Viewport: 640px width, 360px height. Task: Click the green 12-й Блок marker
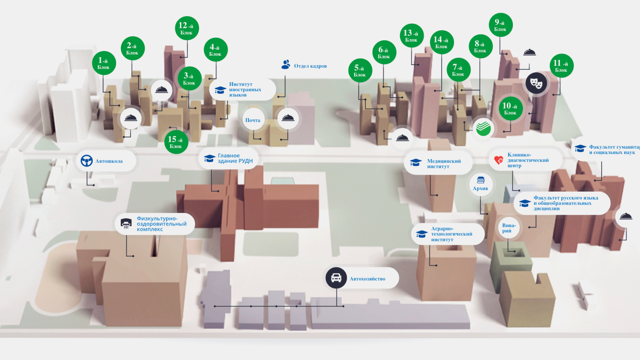point(187,28)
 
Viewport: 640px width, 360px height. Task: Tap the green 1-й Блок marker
point(104,63)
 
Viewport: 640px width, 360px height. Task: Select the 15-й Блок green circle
point(176,142)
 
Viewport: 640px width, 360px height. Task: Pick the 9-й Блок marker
point(500,25)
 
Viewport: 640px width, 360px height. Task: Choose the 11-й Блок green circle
point(561,66)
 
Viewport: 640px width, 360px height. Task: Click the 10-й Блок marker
point(510,108)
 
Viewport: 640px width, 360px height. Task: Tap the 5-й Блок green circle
point(360,70)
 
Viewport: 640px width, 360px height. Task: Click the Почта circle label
point(253,120)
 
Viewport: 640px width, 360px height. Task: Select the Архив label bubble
point(480,184)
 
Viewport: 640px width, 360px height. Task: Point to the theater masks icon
point(536,82)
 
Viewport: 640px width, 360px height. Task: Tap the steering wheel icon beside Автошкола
point(87,161)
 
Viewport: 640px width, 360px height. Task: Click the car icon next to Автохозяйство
point(336,278)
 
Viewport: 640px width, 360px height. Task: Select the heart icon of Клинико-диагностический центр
point(499,160)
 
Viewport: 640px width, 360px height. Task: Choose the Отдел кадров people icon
point(286,65)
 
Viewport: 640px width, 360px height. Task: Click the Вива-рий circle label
point(509,228)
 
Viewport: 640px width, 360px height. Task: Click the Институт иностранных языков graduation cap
point(220,90)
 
